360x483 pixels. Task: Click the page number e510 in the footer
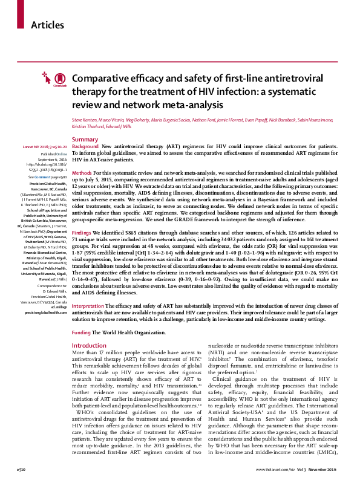pyautogui.click(x=8, y=469)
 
